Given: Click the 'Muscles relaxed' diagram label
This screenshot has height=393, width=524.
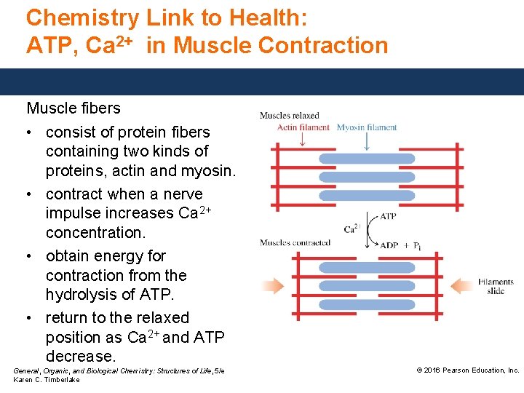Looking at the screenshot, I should pyautogui.click(x=289, y=115).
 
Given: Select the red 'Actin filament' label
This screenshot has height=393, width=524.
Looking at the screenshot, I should pyautogui.click(x=303, y=127).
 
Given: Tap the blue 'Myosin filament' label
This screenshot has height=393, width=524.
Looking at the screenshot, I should pyautogui.click(x=367, y=127).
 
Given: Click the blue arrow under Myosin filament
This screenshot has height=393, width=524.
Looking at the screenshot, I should pyautogui.click(x=366, y=140).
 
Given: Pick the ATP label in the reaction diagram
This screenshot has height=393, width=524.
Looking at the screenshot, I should pyautogui.click(x=388, y=216).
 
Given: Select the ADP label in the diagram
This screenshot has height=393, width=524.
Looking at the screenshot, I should pyautogui.click(x=390, y=245).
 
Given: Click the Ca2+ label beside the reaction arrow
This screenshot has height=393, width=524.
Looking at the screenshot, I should pyautogui.click(x=352, y=229).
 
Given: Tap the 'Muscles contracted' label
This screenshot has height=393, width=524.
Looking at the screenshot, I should pyautogui.click(x=295, y=242).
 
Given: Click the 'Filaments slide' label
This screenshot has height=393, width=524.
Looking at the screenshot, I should pyautogui.click(x=496, y=286).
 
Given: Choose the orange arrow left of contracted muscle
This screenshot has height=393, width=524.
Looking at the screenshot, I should pyautogui.click(x=274, y=285).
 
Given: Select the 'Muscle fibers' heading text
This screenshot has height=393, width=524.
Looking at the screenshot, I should pyautogui.click(x=74, y=108).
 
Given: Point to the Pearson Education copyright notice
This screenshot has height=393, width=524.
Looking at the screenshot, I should pyautogui.click(x=467, y=370).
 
